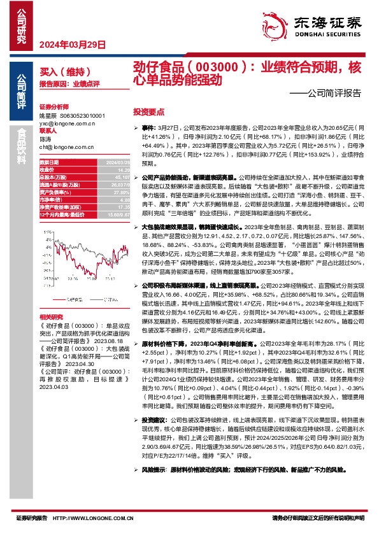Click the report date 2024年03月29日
coord(71,44)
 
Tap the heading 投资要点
coord(147,111)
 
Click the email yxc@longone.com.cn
coord(66,123)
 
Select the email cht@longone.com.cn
coord(66,146)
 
